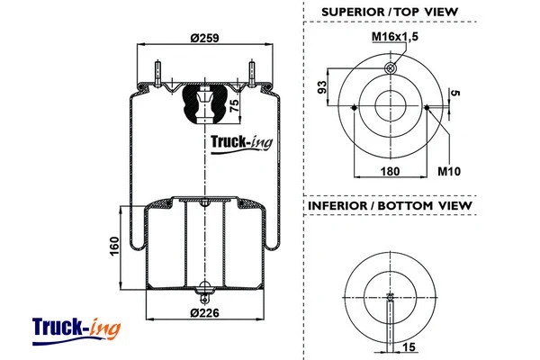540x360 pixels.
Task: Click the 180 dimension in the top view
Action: (x=390, y=169)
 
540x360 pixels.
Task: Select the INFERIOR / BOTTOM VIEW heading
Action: (x=390, y=206)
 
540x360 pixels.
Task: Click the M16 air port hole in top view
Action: (x=390, y=67)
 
